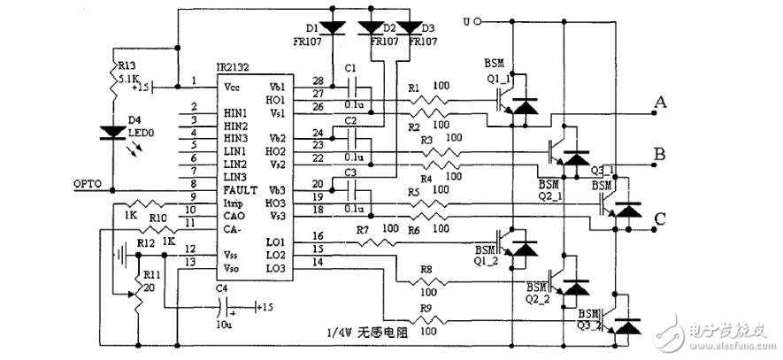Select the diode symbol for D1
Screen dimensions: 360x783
point(333,27)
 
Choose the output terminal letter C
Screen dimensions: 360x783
point(658,218)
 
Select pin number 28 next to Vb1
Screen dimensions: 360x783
point(318,80)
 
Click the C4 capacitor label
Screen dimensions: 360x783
point(221,287)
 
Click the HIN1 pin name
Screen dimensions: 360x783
point(235,114)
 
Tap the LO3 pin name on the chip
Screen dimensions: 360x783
point(275,268)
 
